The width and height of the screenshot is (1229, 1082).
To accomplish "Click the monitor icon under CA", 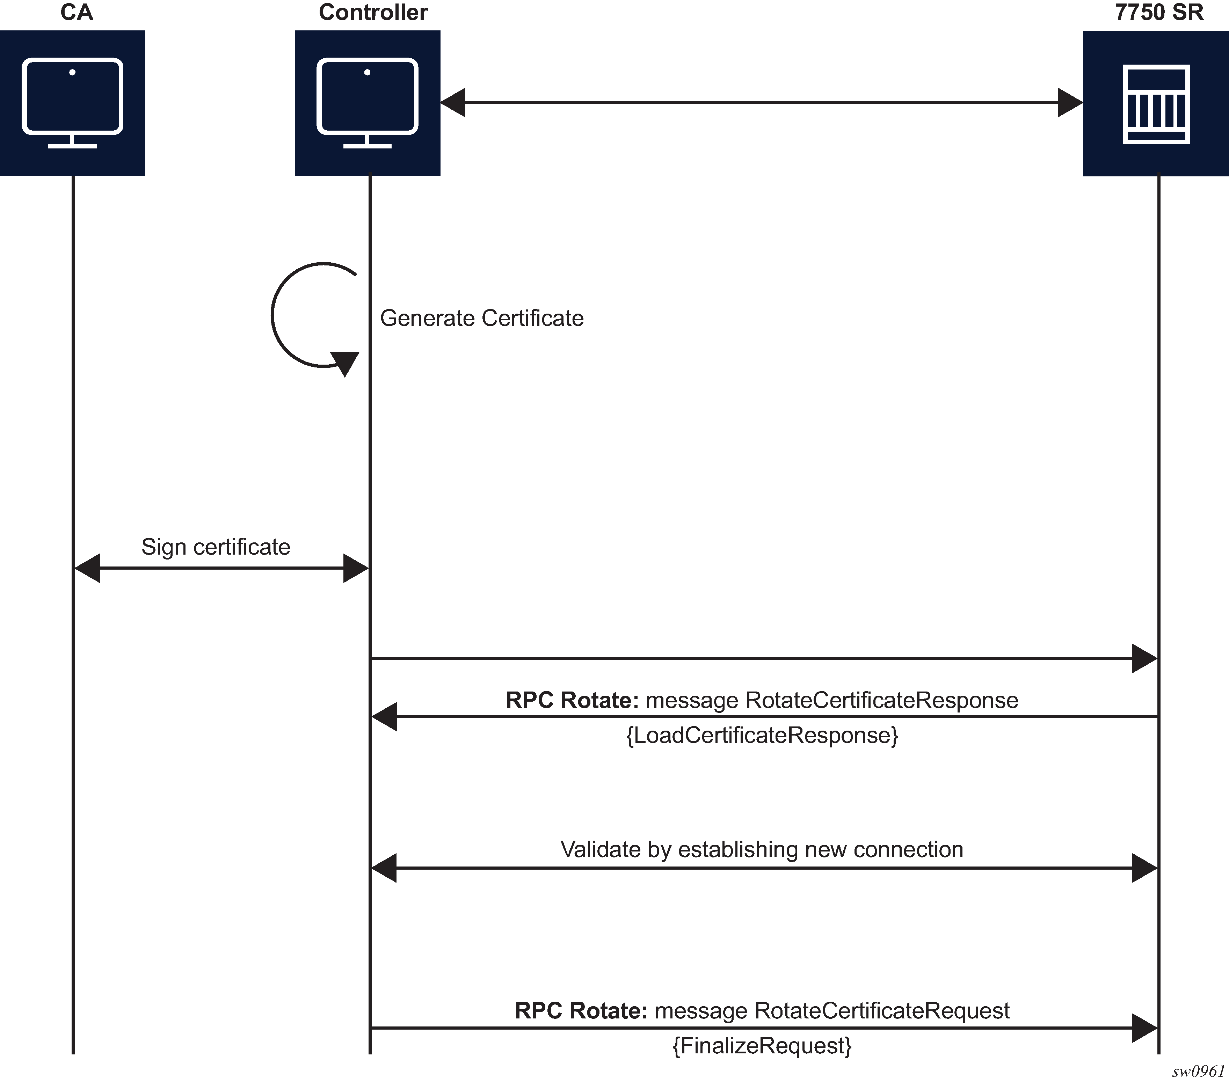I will pyautogui.click(x=72, y=102).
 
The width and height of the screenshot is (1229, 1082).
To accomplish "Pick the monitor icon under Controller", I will pyautogui.click(x=368, y=102).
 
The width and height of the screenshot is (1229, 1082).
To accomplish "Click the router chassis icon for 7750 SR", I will pyautogui.click(x=1156, y=103).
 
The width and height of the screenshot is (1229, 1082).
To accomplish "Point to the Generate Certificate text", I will pyautogui.click(x=482, y=318).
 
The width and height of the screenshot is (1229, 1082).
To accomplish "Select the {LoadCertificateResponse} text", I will pyautogui.click(x=762, y=735).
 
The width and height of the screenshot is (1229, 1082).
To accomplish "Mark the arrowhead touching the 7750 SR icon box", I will pyautogui.click(x=1070, y=103).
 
